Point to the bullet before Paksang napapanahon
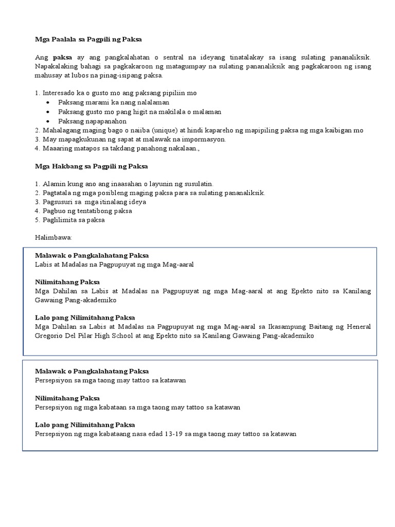tap(47, 121)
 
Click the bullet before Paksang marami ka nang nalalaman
tap(47, 102)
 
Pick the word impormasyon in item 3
tap(205, 139)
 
